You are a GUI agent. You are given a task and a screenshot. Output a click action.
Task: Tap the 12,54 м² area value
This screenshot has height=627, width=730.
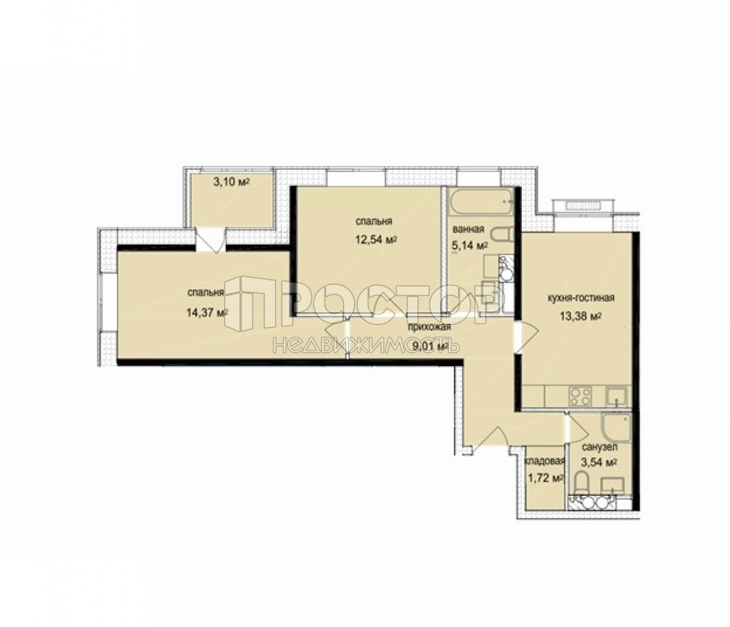(x=375, y=240)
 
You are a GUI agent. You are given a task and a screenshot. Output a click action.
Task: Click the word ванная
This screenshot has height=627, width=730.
(x=468, y=229)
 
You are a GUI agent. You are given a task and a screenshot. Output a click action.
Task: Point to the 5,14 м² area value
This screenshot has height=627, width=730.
(x=470, y=246)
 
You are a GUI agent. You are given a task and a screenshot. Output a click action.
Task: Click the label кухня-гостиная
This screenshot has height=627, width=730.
(x=581, y=298)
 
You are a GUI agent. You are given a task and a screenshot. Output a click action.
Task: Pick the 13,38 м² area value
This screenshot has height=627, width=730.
(x=581, y=316)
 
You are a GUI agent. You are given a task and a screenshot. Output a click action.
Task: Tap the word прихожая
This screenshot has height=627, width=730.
(x=429, y=327)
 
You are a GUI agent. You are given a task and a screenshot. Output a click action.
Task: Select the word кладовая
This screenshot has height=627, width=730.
(x=544, y=461)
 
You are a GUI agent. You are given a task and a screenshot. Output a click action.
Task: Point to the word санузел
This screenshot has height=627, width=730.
(x=600, y=448)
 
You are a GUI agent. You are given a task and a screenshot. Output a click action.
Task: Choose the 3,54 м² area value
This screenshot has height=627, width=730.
(x=599, y=462)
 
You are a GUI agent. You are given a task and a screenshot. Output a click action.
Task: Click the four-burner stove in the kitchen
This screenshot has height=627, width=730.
(x=580, y=397)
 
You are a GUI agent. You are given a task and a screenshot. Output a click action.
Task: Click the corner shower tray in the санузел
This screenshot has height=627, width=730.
(x=616, y=427)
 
